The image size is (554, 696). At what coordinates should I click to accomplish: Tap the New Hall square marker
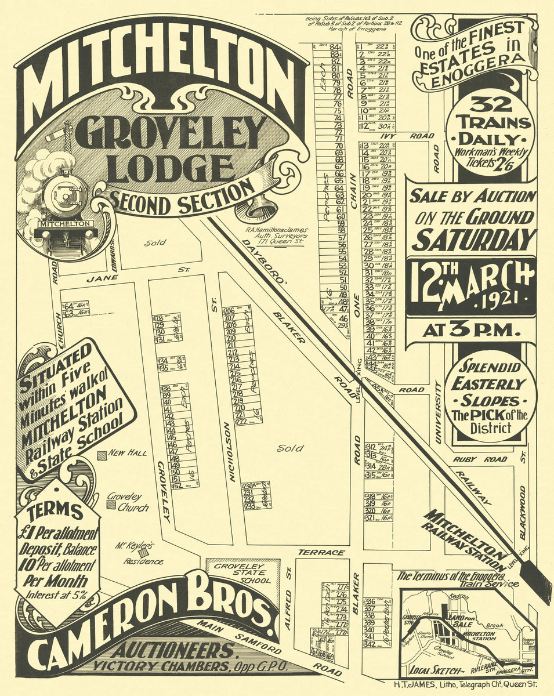tap(102, 455)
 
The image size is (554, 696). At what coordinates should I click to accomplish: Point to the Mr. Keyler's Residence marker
tap(143, 553)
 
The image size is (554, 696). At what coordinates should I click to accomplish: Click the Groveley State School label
tap(238, 572)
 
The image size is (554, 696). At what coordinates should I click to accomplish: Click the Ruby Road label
tap(473, 459)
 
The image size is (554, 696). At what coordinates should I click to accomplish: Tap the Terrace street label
tap(321, 552)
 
